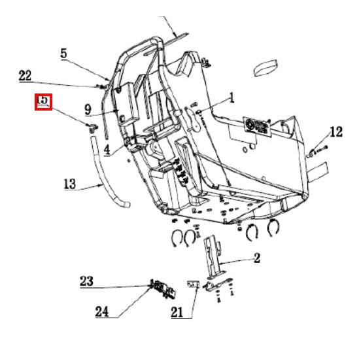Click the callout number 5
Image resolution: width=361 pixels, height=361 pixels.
point(64,53)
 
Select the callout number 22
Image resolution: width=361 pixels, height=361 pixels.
point(25,76)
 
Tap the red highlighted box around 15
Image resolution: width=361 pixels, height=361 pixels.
point(43,102)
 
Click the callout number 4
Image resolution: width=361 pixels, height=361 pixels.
point(106,150)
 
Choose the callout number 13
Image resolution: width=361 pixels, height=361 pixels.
point(71,185)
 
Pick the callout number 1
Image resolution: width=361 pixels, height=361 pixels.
point(231,99)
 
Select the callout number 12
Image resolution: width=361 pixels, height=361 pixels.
point(335,133)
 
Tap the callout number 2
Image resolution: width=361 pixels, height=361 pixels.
point(257,258)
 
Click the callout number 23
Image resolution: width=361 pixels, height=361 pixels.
point(86,281)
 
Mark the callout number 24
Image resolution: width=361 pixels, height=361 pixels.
point(101,311)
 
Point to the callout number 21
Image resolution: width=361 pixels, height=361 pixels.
point(178,313)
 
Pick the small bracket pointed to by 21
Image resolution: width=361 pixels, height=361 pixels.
point(193,284)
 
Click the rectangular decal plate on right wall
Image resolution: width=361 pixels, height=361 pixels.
point(257,125)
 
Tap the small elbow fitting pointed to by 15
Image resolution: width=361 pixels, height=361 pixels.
point(90,126)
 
